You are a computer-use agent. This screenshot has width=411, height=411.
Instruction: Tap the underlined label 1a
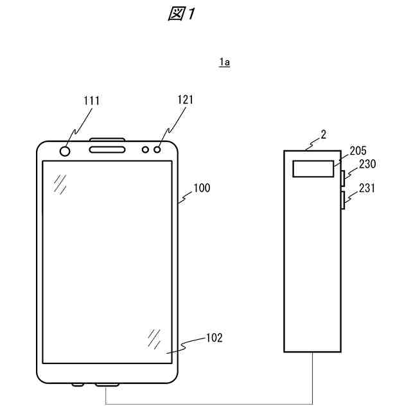(224, 62)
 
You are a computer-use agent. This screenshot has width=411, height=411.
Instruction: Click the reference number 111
(92, 100)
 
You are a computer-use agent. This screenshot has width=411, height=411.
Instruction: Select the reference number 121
(185, 100)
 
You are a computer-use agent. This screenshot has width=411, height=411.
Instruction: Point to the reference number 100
(202, 188)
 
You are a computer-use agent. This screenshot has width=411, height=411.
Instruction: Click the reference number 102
(214, 338)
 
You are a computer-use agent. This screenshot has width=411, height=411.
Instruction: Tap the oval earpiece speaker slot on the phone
(107, 150)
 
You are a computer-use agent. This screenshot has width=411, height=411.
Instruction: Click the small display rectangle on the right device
(313, 169)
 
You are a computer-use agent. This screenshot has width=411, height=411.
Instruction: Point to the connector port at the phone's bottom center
(107, 385)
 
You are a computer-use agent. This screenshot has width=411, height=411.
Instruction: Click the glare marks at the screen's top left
(61, 184)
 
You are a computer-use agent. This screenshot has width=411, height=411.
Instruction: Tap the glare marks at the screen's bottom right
(154, 338)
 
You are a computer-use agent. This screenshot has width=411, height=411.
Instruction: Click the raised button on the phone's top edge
(107, 139)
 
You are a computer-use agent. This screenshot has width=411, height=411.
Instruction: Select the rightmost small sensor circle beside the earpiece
(157, 150)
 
